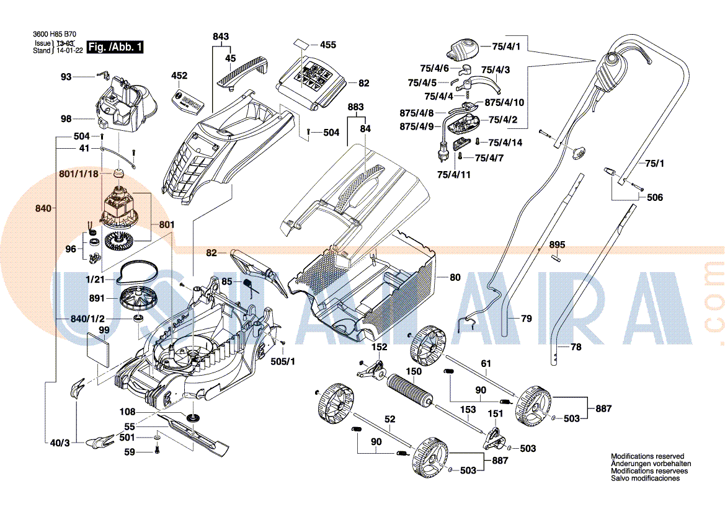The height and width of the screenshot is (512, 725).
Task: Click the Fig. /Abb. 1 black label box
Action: click(x=115, y=46)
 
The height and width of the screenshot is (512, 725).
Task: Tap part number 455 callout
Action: click(x=328, y=45)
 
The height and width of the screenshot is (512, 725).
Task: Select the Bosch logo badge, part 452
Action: click(x=187, y=101)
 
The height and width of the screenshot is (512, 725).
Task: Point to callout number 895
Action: click(x=557, y=244)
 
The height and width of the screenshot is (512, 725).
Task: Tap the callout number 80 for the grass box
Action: click(x=455, y=277)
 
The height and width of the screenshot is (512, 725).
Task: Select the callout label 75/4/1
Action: click(x=506, y=46)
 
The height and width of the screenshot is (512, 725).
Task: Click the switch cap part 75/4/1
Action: click(x=464, y=50)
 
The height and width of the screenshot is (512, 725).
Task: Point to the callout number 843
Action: click(x=221, y=37)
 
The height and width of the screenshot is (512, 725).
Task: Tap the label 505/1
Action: click(x=283, y=361)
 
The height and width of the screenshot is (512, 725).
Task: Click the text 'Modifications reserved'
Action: click(x=647, y=456)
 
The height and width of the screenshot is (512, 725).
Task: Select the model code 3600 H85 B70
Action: click(x=55, y=34)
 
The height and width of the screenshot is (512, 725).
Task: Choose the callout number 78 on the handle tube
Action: click(x=576, y=346)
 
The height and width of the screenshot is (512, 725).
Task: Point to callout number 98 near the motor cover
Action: click(x=66, y=119)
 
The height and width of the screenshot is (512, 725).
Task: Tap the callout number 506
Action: click(x=655, y=197)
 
